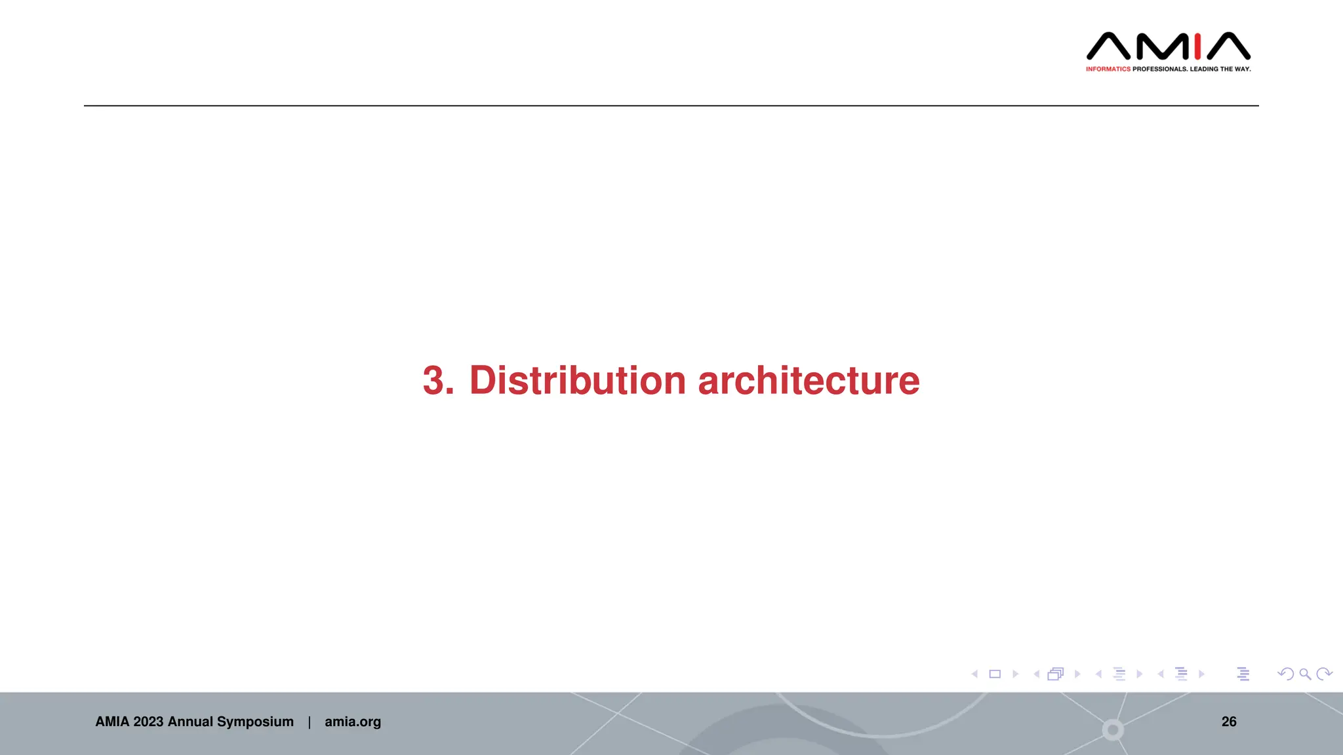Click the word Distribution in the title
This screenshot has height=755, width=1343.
(x=577, y=380)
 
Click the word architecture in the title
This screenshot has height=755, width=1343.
(x=809, y=380)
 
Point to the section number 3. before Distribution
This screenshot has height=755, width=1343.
(x=438, y=380)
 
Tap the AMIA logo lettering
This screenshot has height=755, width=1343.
(x=1168, y=47)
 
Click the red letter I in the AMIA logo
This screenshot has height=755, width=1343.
(x=1197, y=47)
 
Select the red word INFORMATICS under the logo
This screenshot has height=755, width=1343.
(x=1108, y=69)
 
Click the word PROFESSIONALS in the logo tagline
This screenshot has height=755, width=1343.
(x=1159, y=69)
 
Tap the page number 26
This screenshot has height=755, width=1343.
(x=1229, y=722)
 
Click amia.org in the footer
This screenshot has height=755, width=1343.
(x=353, y=722)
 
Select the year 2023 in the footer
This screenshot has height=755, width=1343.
(x=148, y=722)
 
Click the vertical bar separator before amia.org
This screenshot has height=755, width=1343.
(x=310, y=722)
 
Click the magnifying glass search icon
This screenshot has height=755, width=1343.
(x=1305, y=674)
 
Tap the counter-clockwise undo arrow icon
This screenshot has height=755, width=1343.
(x=1285, y=674)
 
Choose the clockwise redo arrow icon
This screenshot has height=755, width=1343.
(x=1325, y=674)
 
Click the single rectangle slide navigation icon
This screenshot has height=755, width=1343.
(x=995, y=674)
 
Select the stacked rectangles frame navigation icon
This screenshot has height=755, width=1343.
(x=1056, y=674)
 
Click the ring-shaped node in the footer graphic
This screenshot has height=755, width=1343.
(x=1113, y=729)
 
